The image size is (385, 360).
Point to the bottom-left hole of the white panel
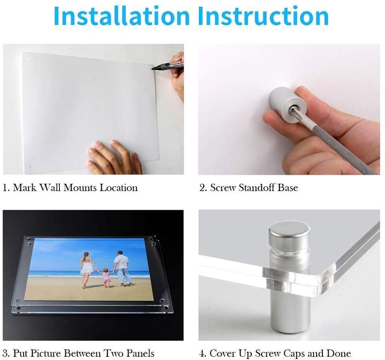[31, 166]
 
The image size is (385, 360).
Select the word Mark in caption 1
[24, 188]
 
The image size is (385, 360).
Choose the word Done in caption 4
[339, 353]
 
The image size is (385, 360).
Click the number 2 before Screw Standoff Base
[202, 188]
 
